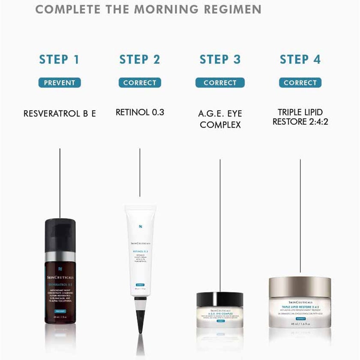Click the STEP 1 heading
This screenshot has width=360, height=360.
(x=59, y=60)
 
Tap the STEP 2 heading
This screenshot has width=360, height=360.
(x=140, y=60)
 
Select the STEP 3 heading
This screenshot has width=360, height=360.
(x=220, y=60)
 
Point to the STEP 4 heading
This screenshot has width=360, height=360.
(x=300, y=60)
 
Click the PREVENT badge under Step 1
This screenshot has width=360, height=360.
(x=60, y=83)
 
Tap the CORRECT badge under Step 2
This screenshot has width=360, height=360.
(x=140, y=83)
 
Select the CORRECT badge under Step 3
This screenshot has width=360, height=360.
(x=220, y=83)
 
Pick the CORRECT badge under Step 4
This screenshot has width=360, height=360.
(x=300, y=83)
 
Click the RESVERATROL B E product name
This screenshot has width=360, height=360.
(x=60, y=114)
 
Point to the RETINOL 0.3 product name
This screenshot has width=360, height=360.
(x=140, y=113)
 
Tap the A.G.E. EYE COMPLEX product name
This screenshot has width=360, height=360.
(x=220, y=119)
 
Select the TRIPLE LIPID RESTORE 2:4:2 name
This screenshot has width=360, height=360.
(x=300, y=117)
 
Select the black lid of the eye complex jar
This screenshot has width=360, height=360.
(x=220, y=299)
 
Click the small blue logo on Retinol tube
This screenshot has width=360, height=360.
(x=140, y=227)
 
